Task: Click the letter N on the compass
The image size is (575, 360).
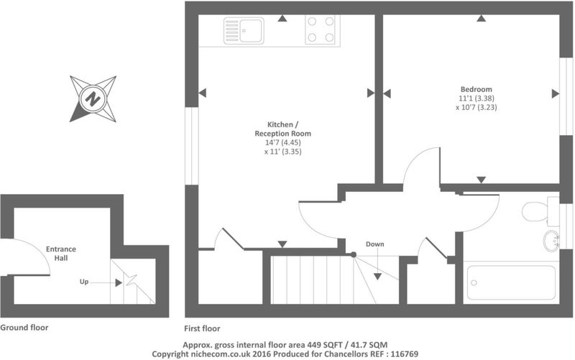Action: point(93,98)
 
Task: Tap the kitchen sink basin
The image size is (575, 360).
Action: point(251,31)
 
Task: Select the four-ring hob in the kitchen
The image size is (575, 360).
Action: point(321,29)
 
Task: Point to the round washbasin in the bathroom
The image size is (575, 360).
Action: point(551,241)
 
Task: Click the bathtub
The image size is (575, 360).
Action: point(511,282)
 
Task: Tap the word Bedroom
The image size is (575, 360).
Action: point(477,89)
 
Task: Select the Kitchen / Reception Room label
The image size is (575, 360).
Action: point(282,129)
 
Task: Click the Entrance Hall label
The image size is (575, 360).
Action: point(61,254)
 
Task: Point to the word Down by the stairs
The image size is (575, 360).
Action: point(374,244)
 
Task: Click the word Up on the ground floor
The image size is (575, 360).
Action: point(84,282)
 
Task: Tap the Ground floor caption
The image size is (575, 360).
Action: point(24,328)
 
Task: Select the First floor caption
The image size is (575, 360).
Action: point(202,328)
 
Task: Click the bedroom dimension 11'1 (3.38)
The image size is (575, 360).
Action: point(477,98)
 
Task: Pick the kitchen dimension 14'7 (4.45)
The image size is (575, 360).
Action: point(282,142)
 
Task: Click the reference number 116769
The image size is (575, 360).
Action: point(405,354)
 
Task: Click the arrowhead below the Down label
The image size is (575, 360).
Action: point(377,277)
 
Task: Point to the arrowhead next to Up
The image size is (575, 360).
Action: point(119,282)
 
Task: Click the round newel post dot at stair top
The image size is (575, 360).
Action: point(354,254)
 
